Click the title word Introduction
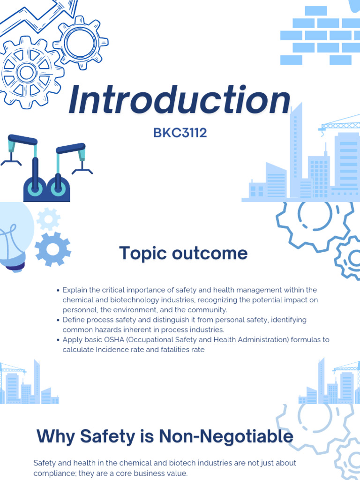180,101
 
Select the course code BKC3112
180,133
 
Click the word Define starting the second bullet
74,320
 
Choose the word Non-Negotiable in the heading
226,437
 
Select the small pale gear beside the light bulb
48,218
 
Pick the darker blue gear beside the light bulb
52,249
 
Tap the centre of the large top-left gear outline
26,73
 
